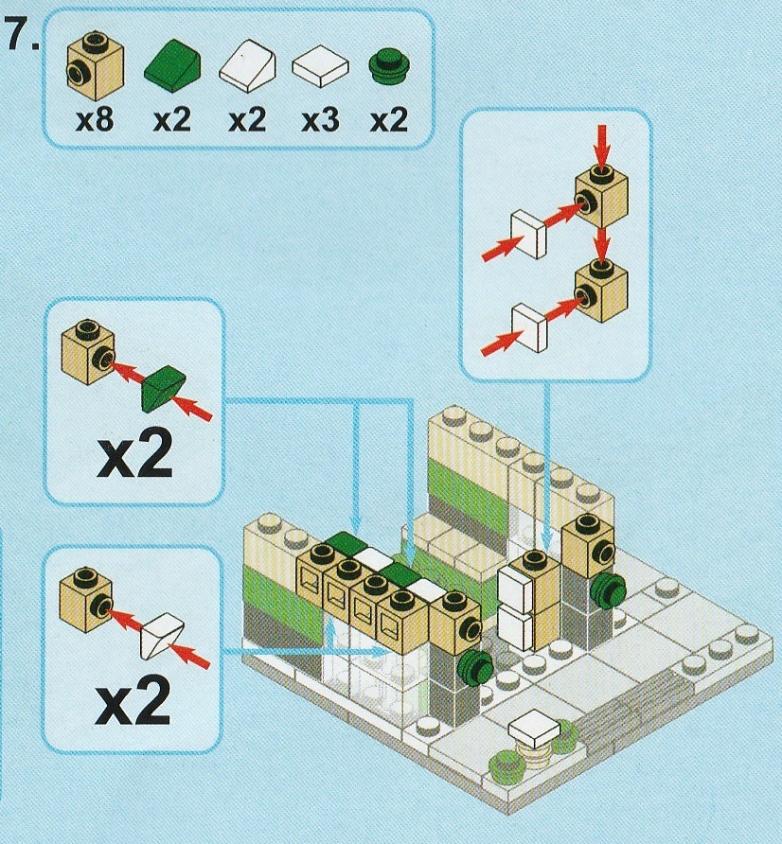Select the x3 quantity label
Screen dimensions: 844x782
(320, 120)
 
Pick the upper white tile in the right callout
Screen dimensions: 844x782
(530, 233)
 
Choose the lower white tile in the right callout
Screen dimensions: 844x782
(529, 325)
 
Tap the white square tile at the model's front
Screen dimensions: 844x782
(536, 727)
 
